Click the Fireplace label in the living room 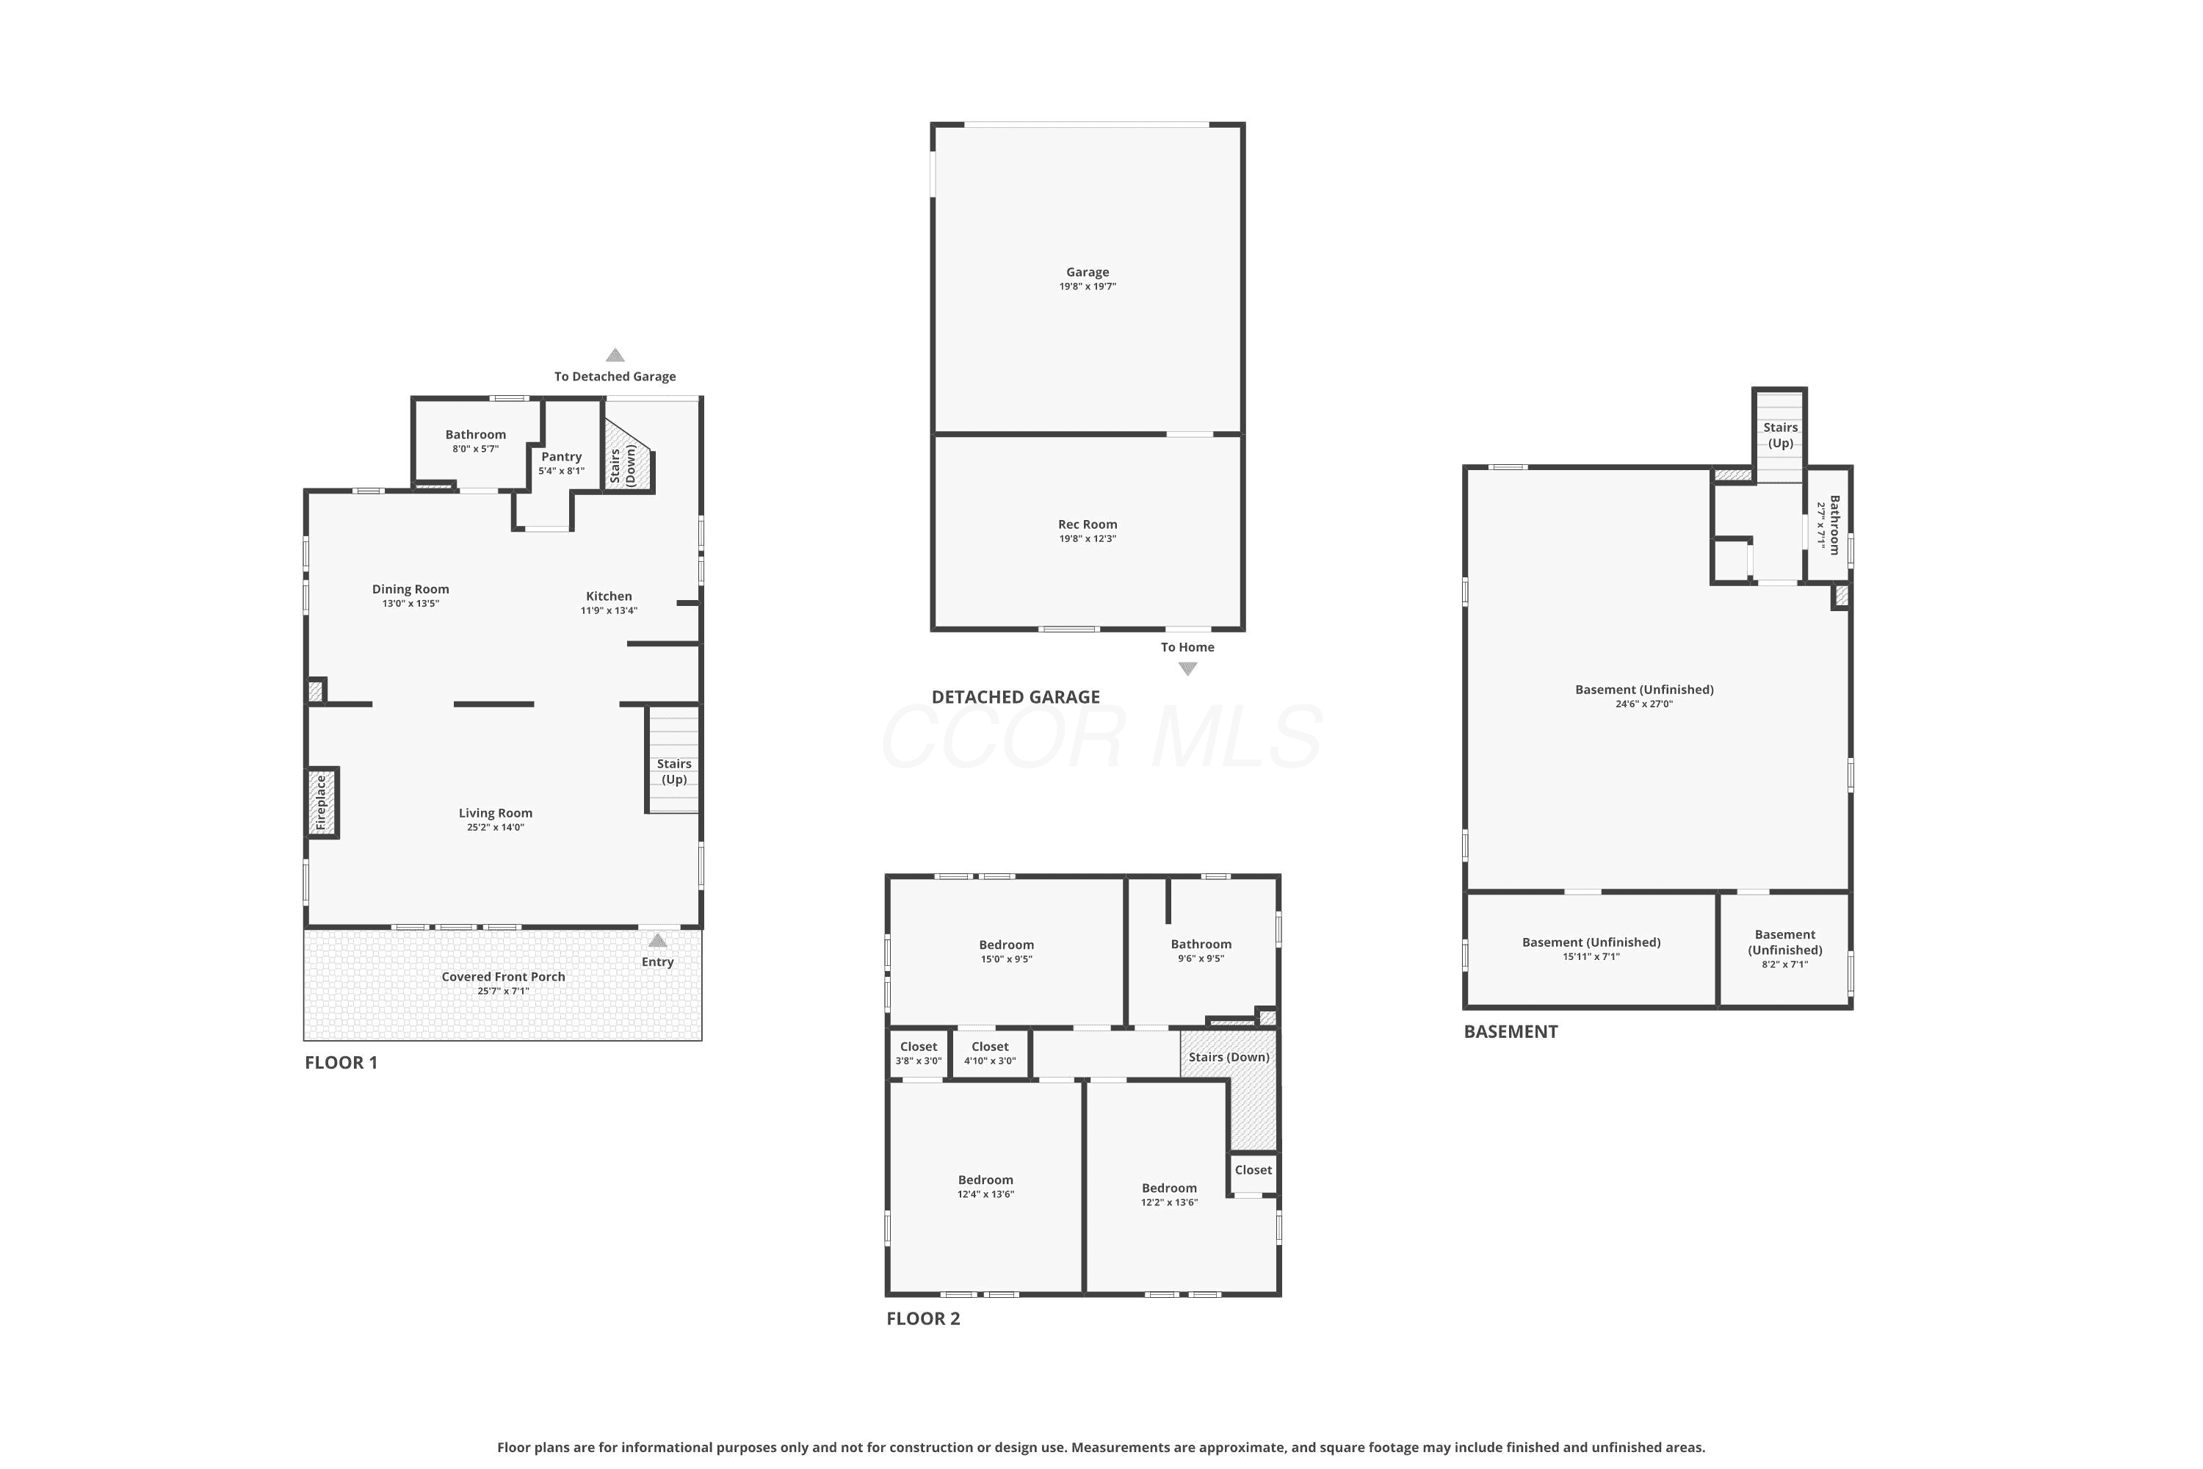[x=320, y=802]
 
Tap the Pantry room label [x=561, y=457]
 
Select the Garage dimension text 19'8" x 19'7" [x=1088, y=286]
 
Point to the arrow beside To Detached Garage [x=615, y=355]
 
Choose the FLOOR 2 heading [x=922, y=1319]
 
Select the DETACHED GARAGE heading [x=1016, y=697]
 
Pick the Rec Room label [x=1088, y=524]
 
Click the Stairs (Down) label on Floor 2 [x=1229, y=1058]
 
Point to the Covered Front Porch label [x=503, y=977]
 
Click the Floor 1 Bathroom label [x=475, y=435]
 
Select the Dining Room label [x=410, y=589]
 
